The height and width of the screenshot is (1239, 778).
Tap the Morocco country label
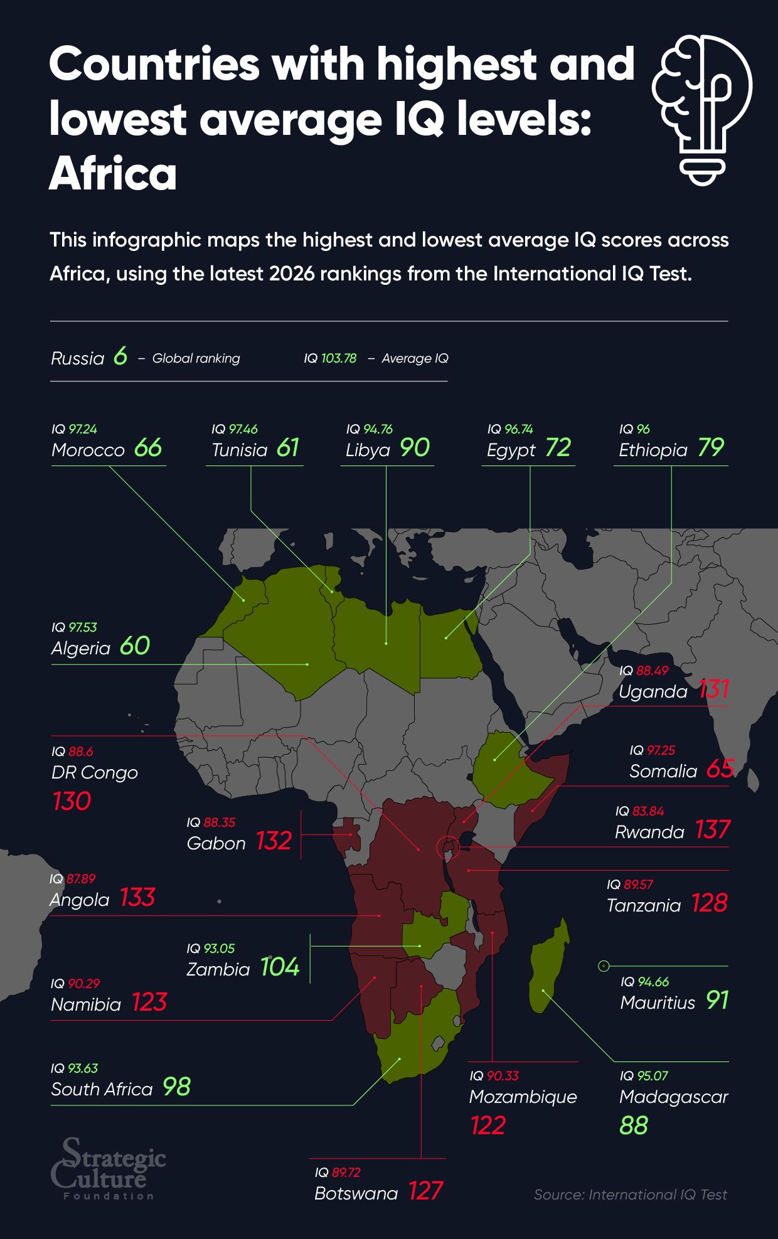click(88, 450)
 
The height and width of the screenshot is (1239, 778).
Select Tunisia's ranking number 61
click(287, 448)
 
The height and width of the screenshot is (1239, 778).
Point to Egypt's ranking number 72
click(558, 448)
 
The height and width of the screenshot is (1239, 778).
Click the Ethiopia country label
click(653, 450)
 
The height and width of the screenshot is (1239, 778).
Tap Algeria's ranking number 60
click(134, 646)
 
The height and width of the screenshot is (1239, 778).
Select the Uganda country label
click(653, 692)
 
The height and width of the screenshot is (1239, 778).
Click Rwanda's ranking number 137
click(712, 831)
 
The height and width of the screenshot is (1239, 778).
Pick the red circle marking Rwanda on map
click(448, 848)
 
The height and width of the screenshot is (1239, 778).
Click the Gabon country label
click(216, 844)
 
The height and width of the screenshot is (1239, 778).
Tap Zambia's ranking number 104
click(280, 967)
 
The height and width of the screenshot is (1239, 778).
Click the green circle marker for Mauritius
click(604, 966)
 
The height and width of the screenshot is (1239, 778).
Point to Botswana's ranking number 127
click(425, 1191)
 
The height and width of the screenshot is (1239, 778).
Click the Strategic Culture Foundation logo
click(108, 1169)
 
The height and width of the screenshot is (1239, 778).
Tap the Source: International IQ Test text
click(630, 1195)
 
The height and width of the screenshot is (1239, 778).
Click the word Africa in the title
click(113, 174)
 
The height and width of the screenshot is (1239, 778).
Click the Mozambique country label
click(523, 1097)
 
